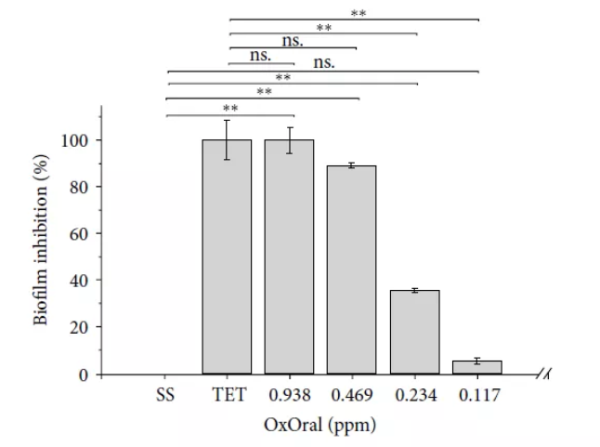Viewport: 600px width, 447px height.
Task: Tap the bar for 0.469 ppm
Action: (x=351, y=270)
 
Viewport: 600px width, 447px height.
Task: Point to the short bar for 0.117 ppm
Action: (x=476, y=367)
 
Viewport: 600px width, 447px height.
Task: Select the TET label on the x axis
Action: (x=228, y=395)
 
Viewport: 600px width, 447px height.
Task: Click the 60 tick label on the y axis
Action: (x=80, y=234)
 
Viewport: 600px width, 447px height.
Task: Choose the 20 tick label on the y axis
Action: (x=80, y=327)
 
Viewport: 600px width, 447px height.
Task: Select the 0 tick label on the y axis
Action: (x=85, y=375)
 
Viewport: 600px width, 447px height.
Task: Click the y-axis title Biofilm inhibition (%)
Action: (x=43, y=245)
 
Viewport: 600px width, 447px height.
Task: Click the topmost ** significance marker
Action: (x=357, y=13)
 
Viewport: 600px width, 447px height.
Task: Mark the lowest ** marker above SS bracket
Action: (x=229, y=109)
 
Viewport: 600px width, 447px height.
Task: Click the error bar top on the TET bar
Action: (x=227, y=121)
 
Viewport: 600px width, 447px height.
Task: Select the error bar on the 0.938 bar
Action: (x=289, y=139)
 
